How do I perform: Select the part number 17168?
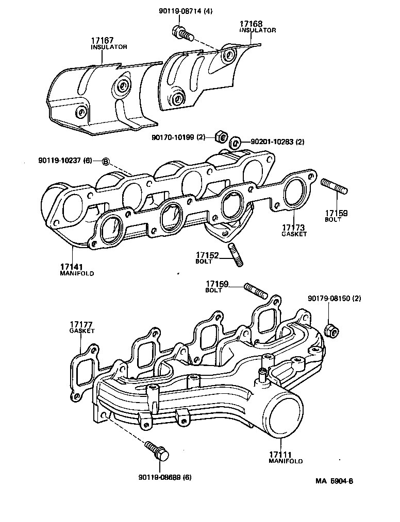coord(251,24)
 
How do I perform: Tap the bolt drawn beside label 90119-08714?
coord(183,34)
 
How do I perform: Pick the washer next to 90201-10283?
coord(236,142)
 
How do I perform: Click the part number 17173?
coord(294,227)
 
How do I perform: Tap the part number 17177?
coord(82,325)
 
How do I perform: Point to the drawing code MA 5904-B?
coord(335,482)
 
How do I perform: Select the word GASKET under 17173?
coord(294,234)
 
